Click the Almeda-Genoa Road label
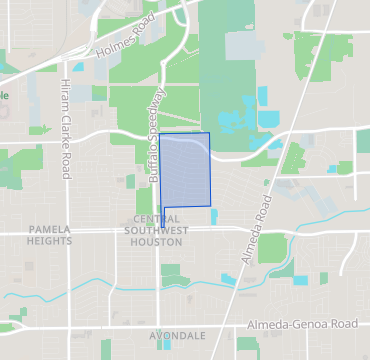pos(302,326)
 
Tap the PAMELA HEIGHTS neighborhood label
pos(50,235)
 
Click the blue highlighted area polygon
pos(187,170)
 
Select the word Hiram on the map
pos(65,87)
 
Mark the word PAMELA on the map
pos(50,229)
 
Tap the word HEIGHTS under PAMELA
pos(50,241)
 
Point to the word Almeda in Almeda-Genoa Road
pos(267,326)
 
